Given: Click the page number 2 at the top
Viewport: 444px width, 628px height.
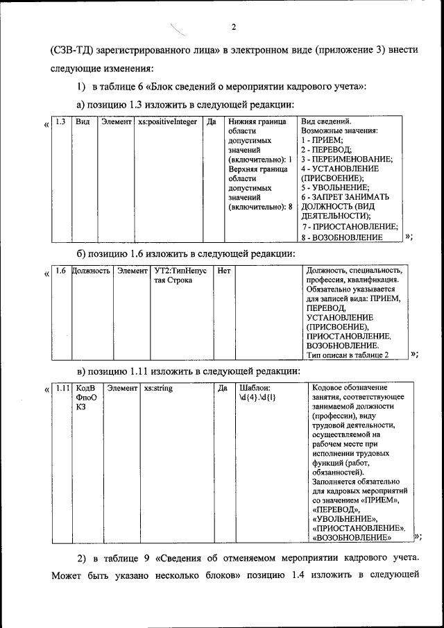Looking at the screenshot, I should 234,28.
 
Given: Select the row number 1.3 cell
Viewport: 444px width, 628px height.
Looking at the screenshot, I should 60,121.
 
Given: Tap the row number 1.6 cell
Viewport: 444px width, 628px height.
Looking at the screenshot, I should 60,270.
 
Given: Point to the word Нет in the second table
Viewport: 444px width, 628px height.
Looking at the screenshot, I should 224,270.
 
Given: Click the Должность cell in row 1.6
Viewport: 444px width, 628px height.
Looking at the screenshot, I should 92,270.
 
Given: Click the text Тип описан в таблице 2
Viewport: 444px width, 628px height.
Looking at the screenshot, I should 347,355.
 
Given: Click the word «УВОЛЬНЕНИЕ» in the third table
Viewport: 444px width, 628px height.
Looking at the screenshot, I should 345,518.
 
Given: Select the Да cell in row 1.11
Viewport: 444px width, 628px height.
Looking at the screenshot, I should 223,388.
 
